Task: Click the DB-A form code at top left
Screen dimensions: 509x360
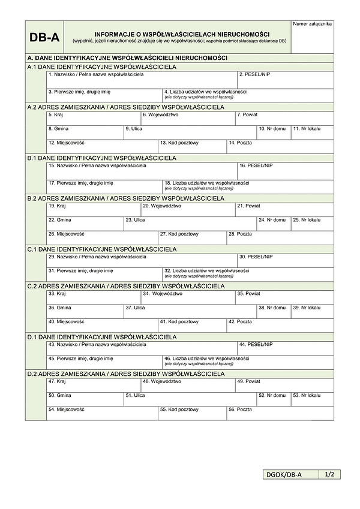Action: (44, 38)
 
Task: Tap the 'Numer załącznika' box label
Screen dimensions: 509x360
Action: (312, 24)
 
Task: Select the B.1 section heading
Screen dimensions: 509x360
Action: (102, 158)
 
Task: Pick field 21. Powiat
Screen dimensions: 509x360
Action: (284, 209)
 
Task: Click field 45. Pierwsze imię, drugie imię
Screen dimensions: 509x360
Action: (104, 362)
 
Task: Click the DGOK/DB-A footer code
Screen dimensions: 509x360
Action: (290, 475)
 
